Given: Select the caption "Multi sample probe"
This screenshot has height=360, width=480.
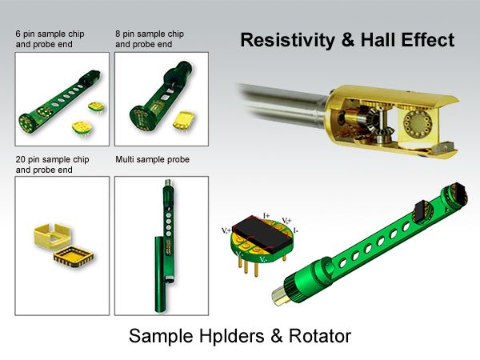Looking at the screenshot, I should click(152, 160).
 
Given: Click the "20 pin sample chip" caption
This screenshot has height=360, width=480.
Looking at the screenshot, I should click(53, 160).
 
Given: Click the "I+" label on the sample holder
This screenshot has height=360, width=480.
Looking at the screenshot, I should click(268, 214).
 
